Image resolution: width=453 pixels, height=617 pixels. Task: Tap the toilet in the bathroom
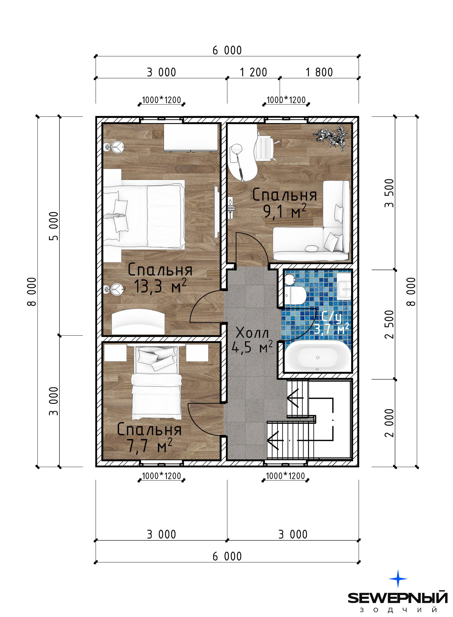coord(295,291)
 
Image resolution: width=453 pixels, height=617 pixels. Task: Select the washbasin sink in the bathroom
coord(344,285)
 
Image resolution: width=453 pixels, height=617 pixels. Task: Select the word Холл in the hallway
coord(252,333)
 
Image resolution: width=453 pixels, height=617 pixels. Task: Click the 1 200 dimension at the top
coord(253,72)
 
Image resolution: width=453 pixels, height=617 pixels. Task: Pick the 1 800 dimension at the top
coord(319,72)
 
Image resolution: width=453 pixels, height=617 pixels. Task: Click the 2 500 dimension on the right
coord(389,324)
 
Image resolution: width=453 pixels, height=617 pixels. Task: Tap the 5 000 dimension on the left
coord(54,226)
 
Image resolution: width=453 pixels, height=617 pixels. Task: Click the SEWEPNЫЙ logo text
coord(398,598)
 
